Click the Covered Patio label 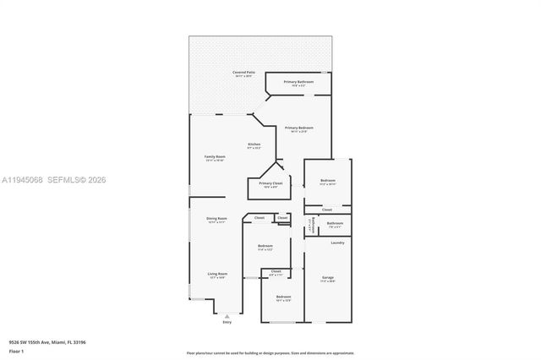244,73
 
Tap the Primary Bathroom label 298,82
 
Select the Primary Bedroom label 298,128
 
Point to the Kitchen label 254,144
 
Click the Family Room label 215,156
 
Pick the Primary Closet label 270,183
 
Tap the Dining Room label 217,219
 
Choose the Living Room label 217,274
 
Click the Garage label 328,277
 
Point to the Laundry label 337,243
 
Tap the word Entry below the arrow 227,322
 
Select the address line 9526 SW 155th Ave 47,341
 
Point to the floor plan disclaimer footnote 270,352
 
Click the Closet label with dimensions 276,271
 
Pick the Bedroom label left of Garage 283,297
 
